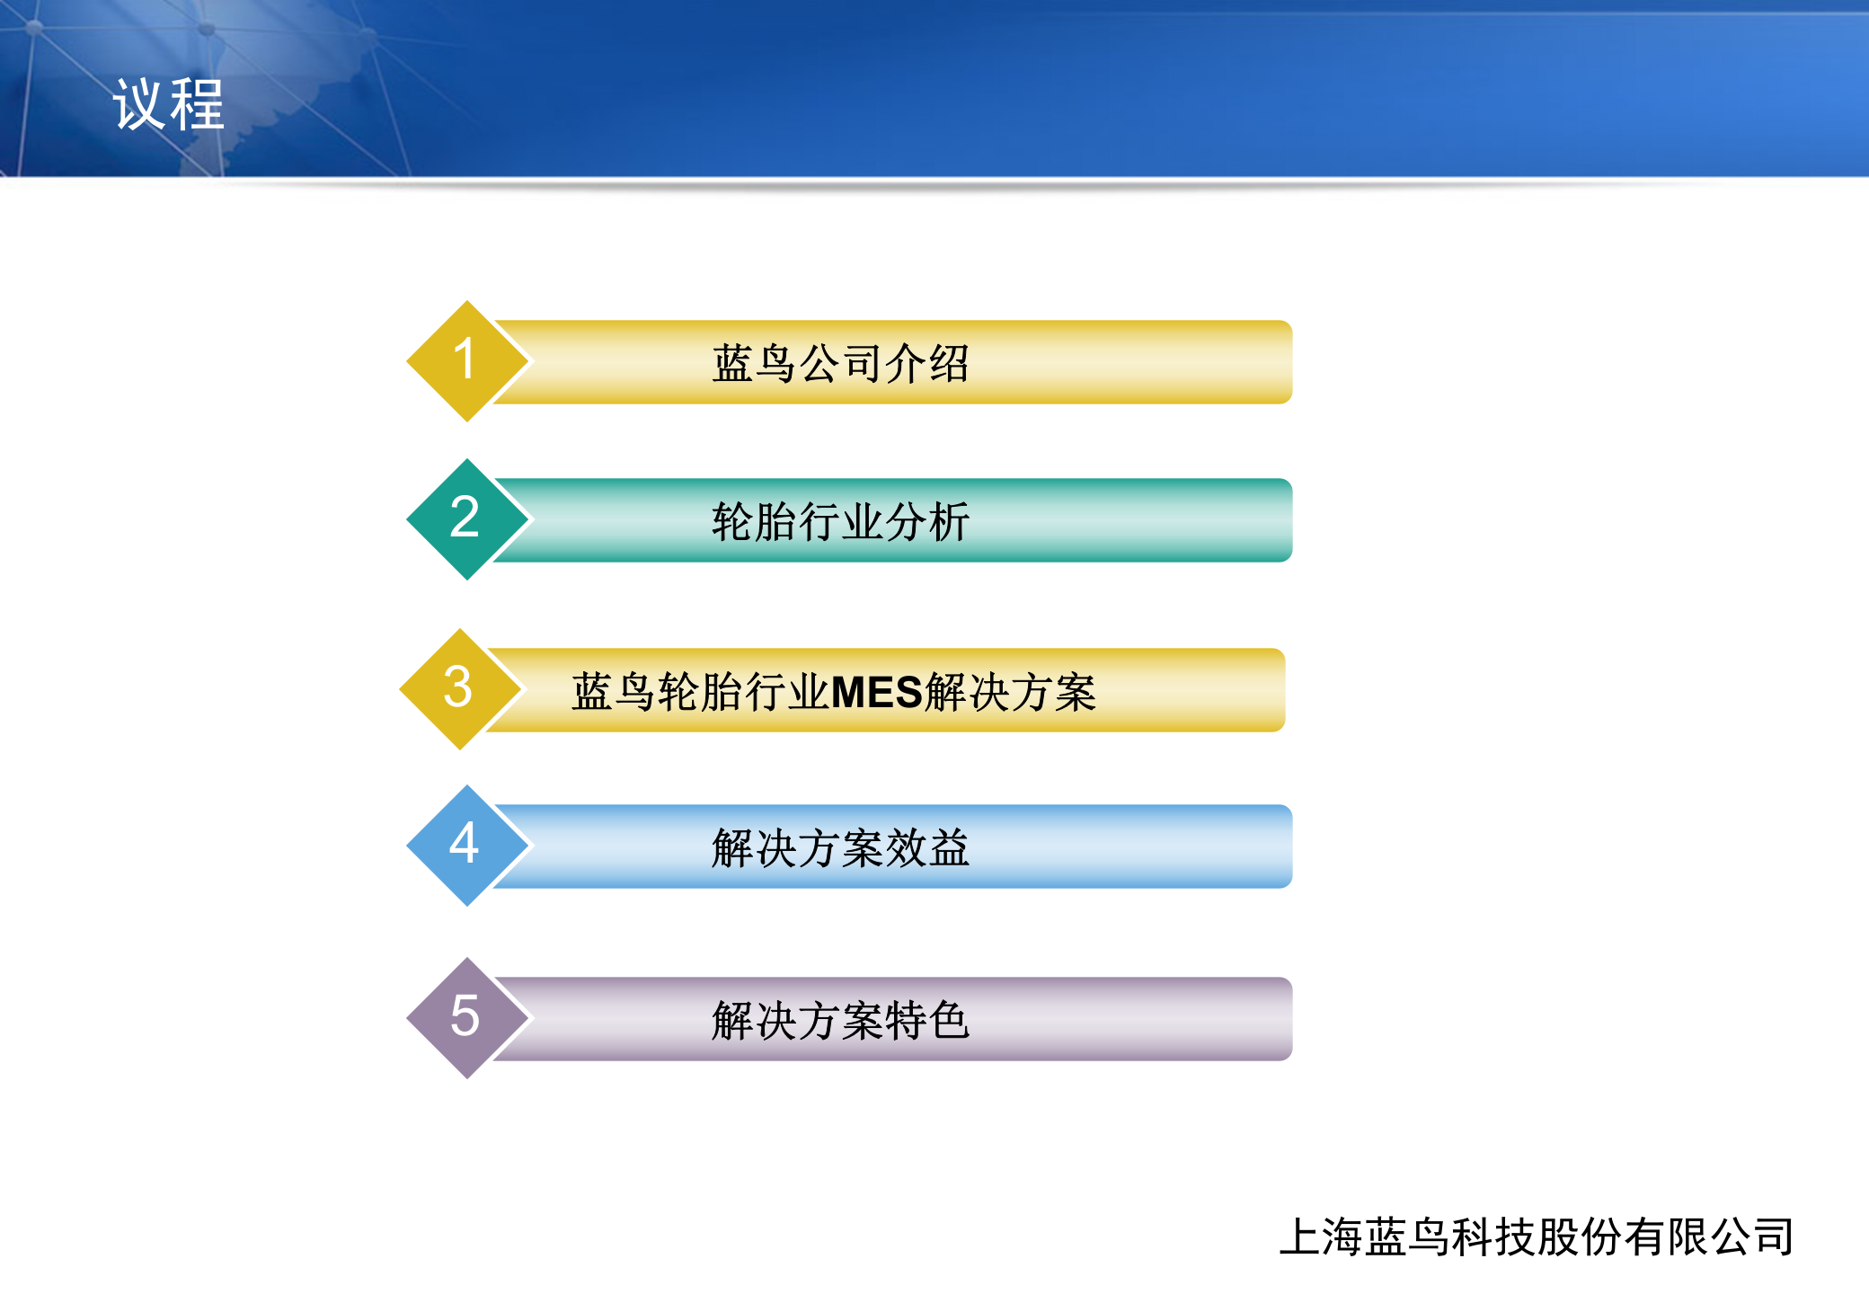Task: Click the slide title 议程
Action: coord(168,105)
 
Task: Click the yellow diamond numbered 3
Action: coord(459,688)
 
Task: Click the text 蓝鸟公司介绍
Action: coord(840,363)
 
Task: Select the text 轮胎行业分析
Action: coord(840,521)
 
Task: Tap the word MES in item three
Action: coord(877,692)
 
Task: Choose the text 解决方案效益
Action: coord(840,847)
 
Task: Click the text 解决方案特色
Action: coord(840,1020)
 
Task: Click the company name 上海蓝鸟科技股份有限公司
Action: coord(1537,1236)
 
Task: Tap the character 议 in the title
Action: coord(139,105)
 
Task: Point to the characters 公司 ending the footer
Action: coord(1752,1236)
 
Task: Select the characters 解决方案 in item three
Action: coord(1010,692)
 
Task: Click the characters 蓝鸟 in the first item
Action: coord(755,363)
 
